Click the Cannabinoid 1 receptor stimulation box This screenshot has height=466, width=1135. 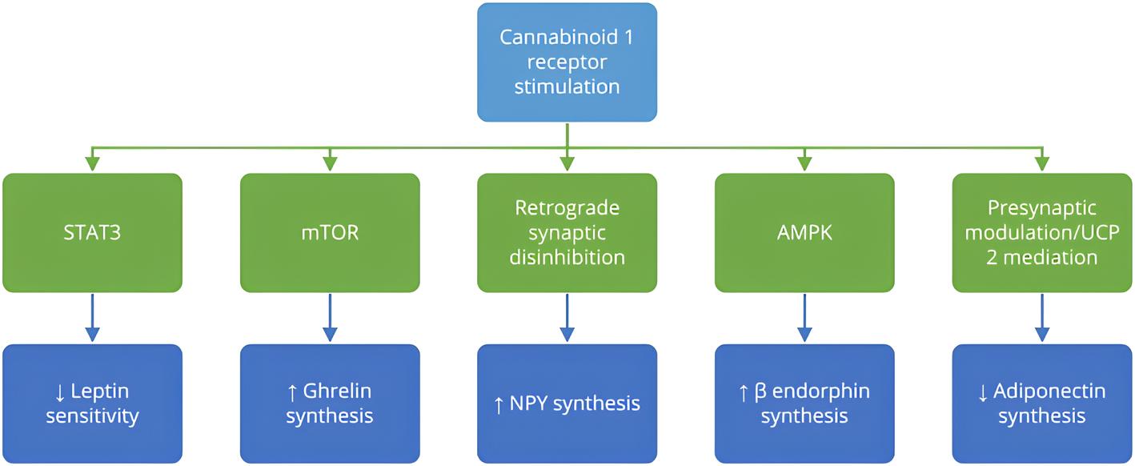point(567,62)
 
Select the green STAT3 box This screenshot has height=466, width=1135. point(93,233)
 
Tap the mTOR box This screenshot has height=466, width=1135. point(330,233)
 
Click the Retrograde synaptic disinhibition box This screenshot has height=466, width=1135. point(567,233)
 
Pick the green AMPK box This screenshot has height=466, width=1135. point(804,233)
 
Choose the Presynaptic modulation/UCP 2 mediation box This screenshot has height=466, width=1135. point(1041,233)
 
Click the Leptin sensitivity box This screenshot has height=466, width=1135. point(93,404)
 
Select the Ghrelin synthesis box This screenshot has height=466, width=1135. point(330,404)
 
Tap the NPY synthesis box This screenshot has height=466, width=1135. point(567,404)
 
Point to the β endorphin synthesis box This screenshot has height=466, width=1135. point(804,404)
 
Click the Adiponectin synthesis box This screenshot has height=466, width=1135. point(1041,404)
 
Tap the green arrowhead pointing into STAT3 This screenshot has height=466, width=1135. point(93,164)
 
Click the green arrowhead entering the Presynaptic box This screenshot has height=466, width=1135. point(1041,164)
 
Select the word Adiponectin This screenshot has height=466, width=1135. point(1049,392)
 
